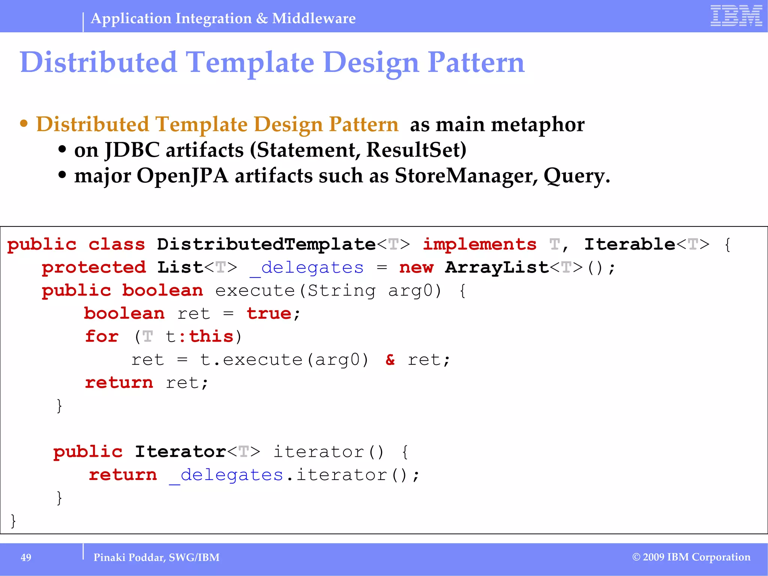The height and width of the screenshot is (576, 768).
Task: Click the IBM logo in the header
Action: point(736,16)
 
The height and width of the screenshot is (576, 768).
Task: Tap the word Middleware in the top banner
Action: point(314,18)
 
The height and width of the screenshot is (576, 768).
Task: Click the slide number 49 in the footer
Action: point(26,558)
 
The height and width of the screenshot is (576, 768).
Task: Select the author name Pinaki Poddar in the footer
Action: point(129,558)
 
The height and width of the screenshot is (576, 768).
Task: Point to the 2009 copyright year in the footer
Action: point(654,557)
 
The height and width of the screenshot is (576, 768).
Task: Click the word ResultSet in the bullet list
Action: point(416,150)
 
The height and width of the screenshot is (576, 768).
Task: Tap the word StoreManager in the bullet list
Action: point(466,175)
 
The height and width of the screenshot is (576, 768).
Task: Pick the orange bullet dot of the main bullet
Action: point(24,124)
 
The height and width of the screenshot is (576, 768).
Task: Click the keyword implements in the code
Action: point(480,244)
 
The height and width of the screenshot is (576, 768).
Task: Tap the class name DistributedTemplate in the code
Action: point(266,244)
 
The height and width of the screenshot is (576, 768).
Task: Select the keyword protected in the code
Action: point(94,267)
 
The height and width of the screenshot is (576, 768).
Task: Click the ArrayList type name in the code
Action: point(497,267)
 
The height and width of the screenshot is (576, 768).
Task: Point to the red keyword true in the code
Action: point(269,313)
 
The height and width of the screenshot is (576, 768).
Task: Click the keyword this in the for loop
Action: point(211,336)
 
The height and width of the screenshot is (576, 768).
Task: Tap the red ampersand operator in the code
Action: point(390,360)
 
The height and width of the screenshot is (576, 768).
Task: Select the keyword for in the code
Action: point(102,336)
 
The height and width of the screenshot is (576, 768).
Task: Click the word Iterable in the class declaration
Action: point(630,244)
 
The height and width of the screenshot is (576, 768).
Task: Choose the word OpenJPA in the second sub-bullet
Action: point(182,175)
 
